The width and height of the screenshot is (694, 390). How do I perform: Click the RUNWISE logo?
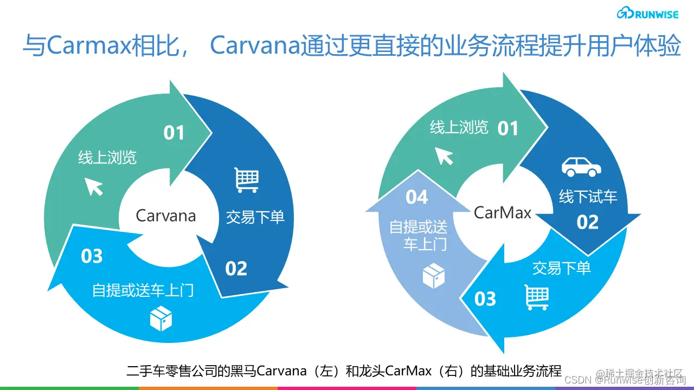(647, 14)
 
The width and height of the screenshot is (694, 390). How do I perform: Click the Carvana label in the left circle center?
(165, 216)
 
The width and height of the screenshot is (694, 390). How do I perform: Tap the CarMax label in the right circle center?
(503, 212)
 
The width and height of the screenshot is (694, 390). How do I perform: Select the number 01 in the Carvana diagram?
(174, 133)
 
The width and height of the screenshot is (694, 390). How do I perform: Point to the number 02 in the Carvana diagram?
(236, 269)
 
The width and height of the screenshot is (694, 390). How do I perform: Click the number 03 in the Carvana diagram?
(92, 256)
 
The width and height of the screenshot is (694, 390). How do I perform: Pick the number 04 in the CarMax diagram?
(416, 198)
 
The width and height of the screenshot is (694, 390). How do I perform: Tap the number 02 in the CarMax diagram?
(587, 222)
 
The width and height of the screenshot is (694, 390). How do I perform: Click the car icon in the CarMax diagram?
(581, 166)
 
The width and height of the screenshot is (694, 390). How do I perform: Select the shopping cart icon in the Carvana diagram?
(247, 180)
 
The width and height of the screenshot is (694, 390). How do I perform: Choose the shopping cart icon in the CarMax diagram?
(537, 297)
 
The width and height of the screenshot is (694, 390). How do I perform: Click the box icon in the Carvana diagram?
(161, 318)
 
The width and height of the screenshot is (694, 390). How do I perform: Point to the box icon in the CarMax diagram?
(433, 276)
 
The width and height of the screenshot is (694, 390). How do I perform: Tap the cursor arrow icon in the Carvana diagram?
(94, 187)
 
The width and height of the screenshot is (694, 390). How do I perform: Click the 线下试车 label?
(588, 196)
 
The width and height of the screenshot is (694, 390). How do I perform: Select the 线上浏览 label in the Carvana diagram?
(107, 158)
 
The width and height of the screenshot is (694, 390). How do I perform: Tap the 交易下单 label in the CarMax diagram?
(561, 268)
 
